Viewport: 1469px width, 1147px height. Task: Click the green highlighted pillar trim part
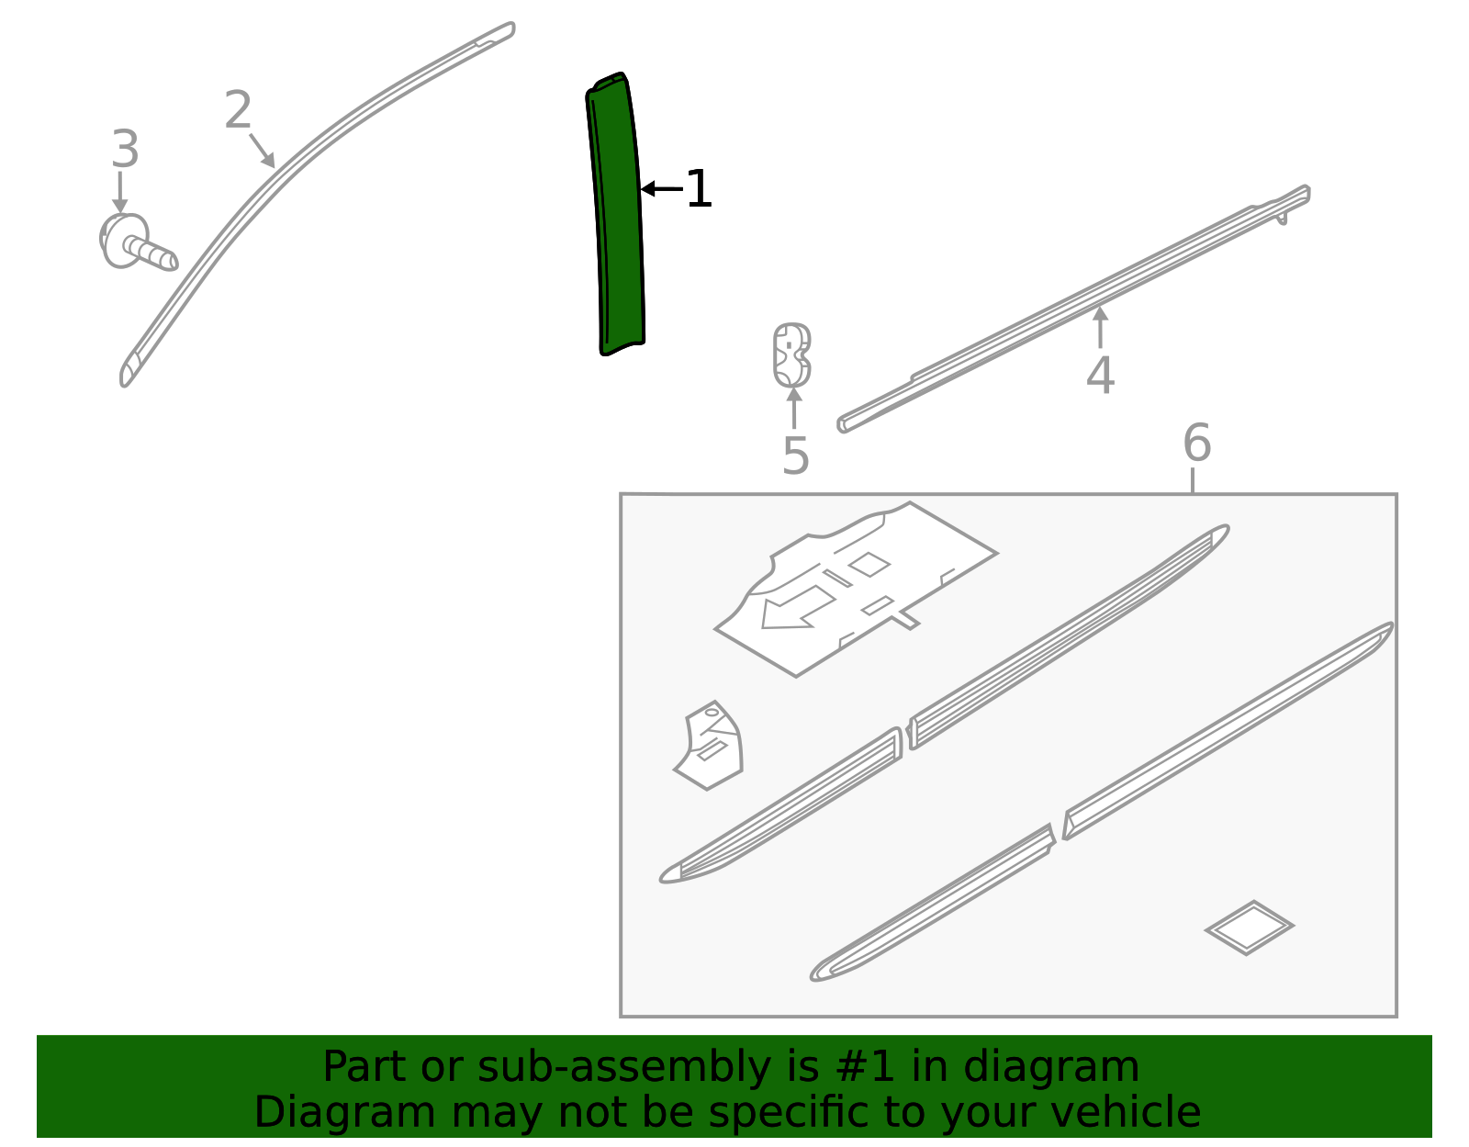point(617,216)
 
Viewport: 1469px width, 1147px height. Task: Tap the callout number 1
point(699,189)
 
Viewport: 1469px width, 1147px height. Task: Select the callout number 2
point(238,111)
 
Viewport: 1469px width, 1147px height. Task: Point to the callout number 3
point(125,149)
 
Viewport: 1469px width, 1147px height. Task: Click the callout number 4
point(1100,375)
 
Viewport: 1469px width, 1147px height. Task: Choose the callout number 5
point(795,455)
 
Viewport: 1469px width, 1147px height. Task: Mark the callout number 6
point(1196,444)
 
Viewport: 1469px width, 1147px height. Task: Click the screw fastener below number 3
point(138,244)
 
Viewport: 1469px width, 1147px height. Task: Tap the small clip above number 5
point(791,354)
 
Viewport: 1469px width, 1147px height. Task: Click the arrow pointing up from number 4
point(1100,326)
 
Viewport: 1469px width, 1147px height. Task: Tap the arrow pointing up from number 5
point(794,407)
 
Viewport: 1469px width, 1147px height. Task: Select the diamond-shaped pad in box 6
point(1249,927)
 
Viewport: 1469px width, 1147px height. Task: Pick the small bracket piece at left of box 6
point(711,746)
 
